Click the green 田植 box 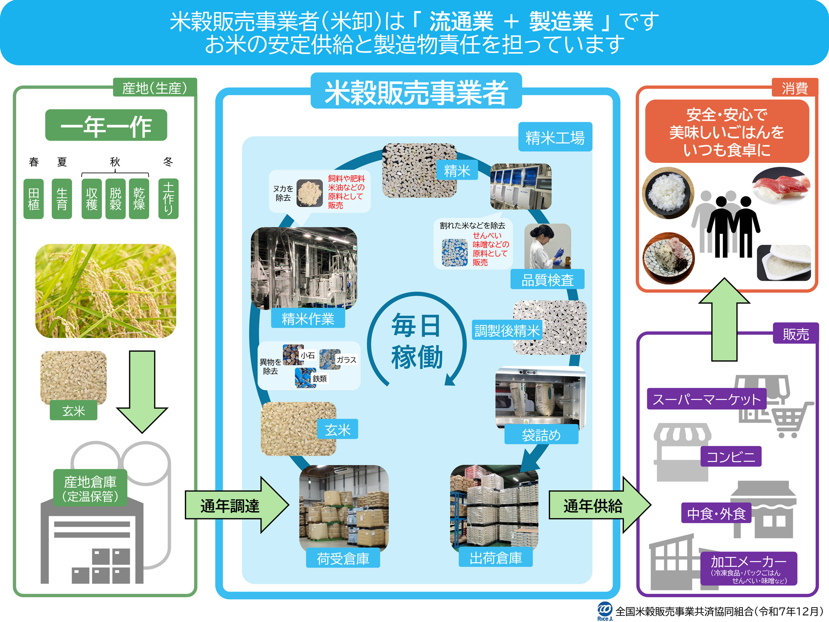click(x=34, y=199)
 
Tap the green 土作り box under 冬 click(x=168, y=199)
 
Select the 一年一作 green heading click(x=106, y=125)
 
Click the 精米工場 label click(x=555, y=137)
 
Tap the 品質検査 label click(x=547, y=280)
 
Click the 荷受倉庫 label click(x=343, y=559)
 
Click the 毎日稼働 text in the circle click(x=417, y=341)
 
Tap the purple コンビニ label click(x=731, y=457)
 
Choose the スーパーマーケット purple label click(x=707, y=399)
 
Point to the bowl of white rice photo click(x=668, y=193)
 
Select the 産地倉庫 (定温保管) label click(x=90, y=488)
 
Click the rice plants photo click(x=106, y=291)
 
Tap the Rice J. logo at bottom click(x=605, y=611)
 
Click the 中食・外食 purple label click(x=716, y=513)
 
